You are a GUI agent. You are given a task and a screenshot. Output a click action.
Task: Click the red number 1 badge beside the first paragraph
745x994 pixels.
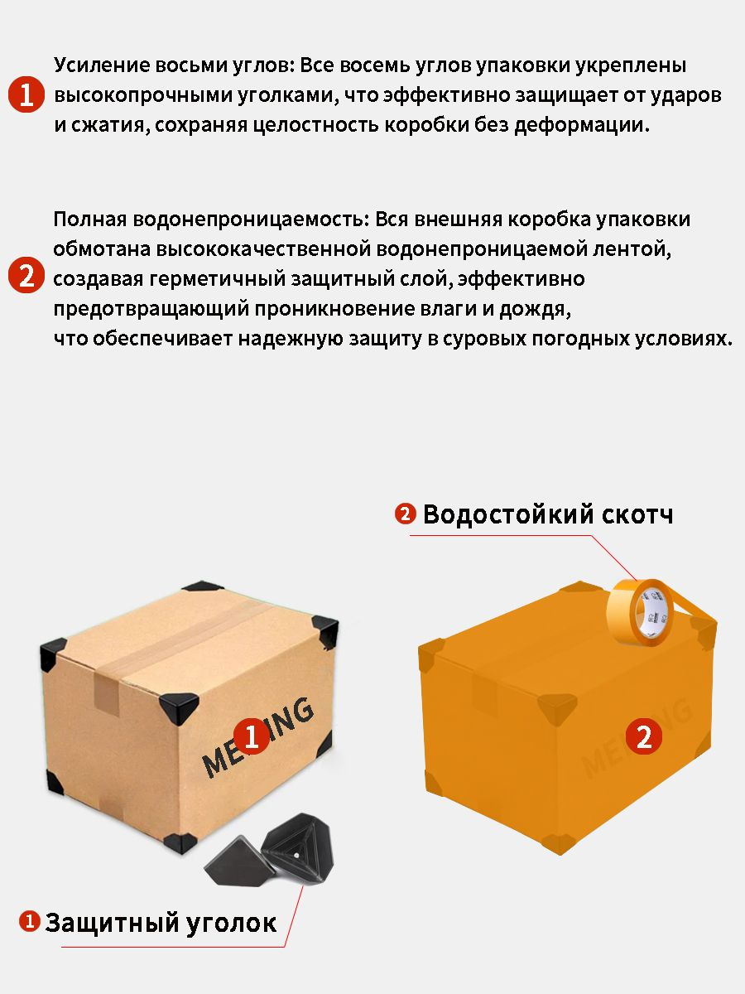pyautogui.click(x=26, y=95)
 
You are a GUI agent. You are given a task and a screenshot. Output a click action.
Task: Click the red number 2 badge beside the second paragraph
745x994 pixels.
pyautogui.click(x=26, y=276)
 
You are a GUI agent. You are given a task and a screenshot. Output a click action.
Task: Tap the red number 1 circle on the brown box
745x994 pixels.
pyautogui.click(x=252, y=736)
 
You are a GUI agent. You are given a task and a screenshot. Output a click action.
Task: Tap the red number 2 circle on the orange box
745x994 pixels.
pyautogui.click(x=643, y=736)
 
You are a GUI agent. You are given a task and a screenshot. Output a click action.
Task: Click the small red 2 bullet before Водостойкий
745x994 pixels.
pyautogui.click(x=405, y=514)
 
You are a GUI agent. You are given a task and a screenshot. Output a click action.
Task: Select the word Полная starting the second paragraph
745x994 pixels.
pyautogui.click(x=87, y=220)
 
